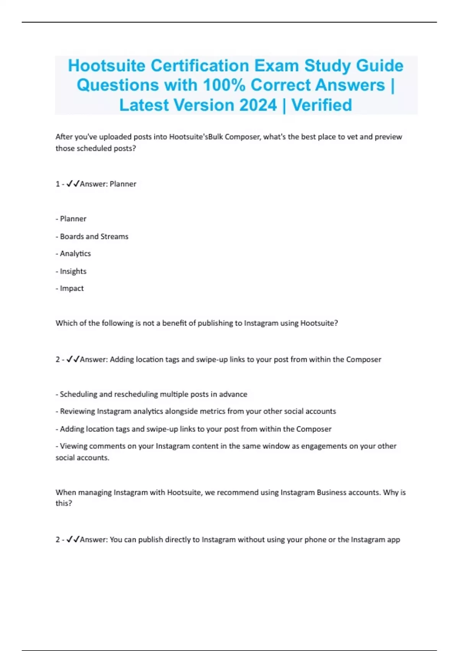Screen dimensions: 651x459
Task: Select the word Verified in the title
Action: point(322,105)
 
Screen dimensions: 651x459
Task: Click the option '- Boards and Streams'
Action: point(92,237)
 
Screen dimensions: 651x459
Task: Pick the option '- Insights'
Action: point(71,271)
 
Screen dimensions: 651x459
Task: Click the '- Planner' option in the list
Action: point(71,219)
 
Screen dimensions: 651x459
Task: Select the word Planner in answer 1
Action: point(123,184)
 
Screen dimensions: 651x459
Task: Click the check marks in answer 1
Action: point(73,184)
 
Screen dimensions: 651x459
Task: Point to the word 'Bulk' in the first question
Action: point(215,137)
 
